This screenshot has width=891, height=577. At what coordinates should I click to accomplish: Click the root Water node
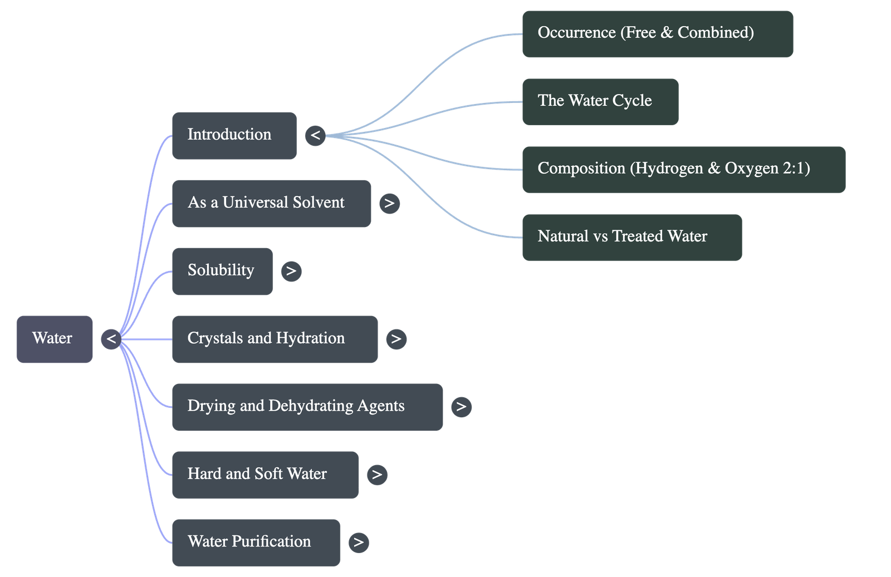coord(54,339)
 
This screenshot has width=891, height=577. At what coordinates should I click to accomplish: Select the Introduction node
coord(234,135)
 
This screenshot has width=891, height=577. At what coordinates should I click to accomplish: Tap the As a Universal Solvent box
coord(271,203)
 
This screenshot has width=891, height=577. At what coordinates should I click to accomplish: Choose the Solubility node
coord(222,271)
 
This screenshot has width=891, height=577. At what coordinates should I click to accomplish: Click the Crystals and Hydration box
coord(275,339)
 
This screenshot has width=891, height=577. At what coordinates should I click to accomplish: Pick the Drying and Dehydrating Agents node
coord(307,407)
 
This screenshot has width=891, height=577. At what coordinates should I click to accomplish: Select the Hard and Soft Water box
coord(265,475)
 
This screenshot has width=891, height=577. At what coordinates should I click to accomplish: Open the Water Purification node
coord(256,543)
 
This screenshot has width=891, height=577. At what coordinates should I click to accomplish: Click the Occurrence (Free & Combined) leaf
coord(657,33)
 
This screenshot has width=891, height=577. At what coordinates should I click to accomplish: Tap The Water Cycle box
coord(600,101)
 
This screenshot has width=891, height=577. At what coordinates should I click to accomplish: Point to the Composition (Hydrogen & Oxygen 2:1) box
coord(683,169)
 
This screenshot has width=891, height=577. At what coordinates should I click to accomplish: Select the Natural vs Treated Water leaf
coord(631,237)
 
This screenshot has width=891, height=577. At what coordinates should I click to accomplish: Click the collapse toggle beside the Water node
coord(111,339)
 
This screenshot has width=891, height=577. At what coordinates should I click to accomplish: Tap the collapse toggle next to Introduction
coord(315,135)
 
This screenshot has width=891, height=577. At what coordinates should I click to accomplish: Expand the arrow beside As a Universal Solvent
coord(389,203)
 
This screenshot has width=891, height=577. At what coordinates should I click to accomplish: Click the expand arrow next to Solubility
coord(291,271)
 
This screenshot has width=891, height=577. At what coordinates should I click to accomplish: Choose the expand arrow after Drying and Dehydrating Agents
coord(461,407)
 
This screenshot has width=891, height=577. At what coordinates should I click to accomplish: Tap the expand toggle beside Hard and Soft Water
coord(377,475)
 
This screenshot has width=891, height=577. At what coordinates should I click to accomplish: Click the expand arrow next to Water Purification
coord(359,543)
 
